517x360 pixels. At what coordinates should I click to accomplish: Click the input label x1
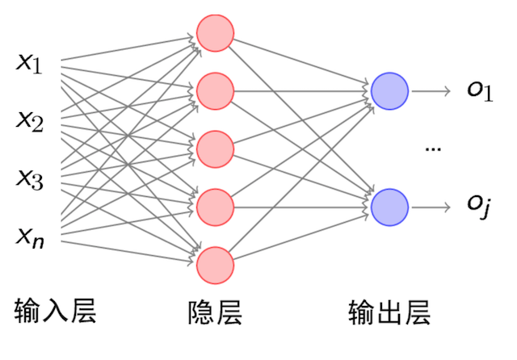pos(30,64)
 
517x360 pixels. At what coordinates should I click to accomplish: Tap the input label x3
pos(30,178)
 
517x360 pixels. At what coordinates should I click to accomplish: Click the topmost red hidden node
pos(215,33)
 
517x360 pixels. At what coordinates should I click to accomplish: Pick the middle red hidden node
pos(215,149)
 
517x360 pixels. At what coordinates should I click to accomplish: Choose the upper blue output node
pos(389,91)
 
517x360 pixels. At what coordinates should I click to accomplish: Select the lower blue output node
pos(389,207)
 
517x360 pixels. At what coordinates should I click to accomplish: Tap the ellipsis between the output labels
pos(433,150)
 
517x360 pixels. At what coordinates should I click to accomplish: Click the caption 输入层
pos(56,311)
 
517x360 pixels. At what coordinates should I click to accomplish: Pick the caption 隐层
pos(215,312)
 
